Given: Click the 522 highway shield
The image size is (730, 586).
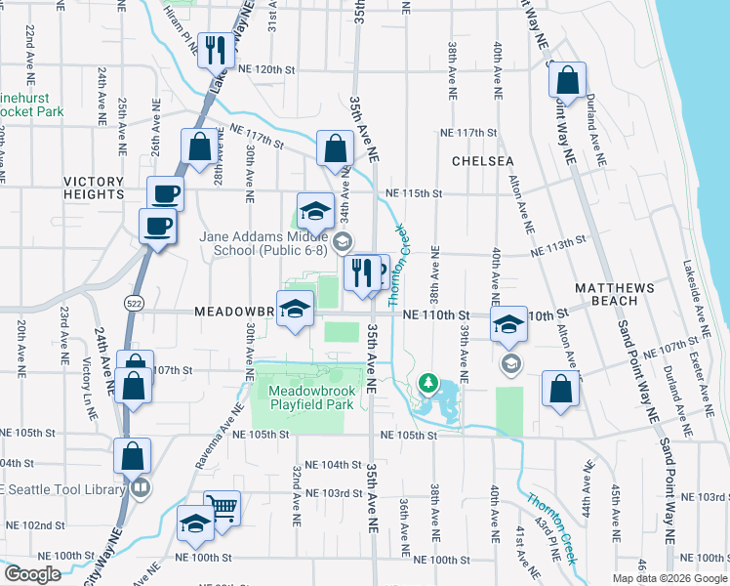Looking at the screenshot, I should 135,305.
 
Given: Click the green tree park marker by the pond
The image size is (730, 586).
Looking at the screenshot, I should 426,382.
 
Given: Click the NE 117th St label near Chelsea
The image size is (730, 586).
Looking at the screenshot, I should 468,132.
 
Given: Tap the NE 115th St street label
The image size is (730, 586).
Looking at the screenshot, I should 414,193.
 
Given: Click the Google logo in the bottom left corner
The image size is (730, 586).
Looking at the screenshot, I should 33,574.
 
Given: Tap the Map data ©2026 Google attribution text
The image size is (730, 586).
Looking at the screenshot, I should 669,578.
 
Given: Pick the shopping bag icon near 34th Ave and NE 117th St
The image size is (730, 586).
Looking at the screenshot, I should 335,150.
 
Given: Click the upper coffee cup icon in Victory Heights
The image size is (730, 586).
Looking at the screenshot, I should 165,192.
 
